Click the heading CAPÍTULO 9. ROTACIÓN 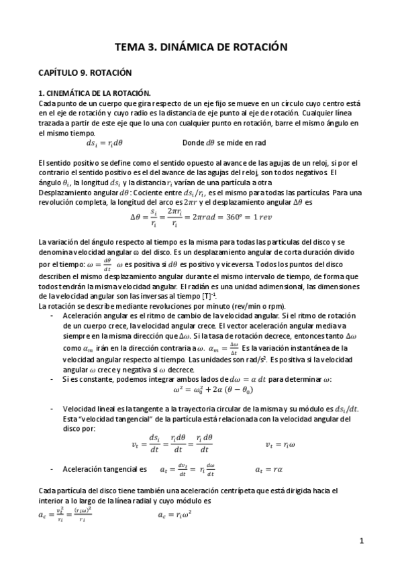(x=84, y=72)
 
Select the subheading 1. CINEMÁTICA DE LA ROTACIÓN (x=95, y=94)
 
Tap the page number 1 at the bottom (x=361, y=541)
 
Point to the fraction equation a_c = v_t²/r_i (x=64, y=515)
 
